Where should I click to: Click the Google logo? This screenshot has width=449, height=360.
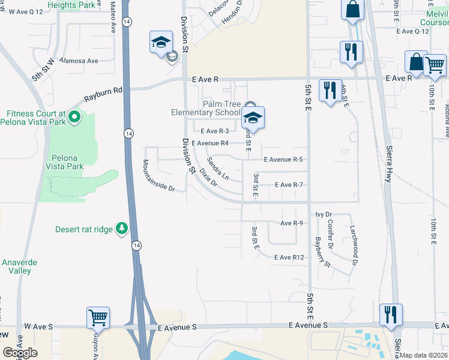pyautogui.click(x=20, y=353)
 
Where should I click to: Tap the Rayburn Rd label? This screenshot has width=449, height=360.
pyautogui.click(x=103, y=93)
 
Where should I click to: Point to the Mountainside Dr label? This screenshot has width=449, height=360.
pyautogui.click(x=158, y=175)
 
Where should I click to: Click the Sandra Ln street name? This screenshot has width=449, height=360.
pyautogui.click(x=218, y=169)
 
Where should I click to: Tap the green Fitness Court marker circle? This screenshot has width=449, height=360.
pyautogui.click(x=74, y=116)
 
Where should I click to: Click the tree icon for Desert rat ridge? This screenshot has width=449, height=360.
pyautogui.click(x=122, y=228)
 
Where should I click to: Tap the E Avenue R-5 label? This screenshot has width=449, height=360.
pyautogui.click(x=283, y=159)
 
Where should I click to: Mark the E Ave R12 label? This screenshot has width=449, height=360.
pyautogui.click(x=291, y=257)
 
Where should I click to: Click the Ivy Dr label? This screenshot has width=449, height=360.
pyautogui.click(x=324, y=214)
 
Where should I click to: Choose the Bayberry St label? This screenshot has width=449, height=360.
pyautogui.click(x=322, y=251)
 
